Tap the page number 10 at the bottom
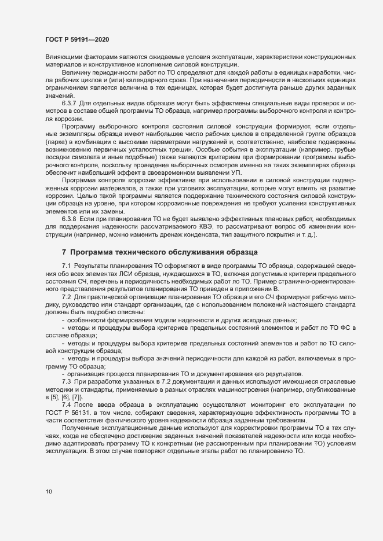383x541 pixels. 48,491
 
